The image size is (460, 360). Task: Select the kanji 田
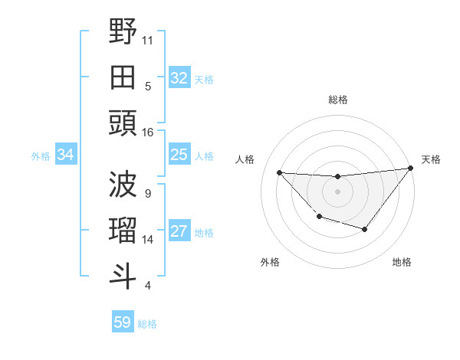pyautogui.click(x=123, y=77)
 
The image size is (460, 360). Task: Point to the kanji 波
pyautogui.click(x=123, y=185)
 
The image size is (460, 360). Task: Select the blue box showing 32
pyautogui.click(x=179, y=77)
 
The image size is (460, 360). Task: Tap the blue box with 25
pyautogui.click(x=179, y=155)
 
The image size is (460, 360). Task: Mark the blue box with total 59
pyautogui.click(x=123, y=322)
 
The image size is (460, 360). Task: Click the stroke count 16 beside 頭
pyautogui.click(x=148, y=133)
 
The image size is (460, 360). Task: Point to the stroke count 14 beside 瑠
pyautogui.click(x=148, y=240)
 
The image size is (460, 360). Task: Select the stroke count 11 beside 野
pyautogui.click(x=148, y=38)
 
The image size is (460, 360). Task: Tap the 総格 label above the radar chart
pyautogui.click(x=338, y=100)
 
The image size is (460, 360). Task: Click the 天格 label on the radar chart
pyautogui.click(x=431, y=159)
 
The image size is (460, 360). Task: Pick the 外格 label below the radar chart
pyautogui.click(x=270, y=262)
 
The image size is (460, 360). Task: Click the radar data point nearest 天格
pyautogui.click(x=409, y=169)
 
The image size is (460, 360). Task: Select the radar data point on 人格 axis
pyautogui.click(x=280, y=172)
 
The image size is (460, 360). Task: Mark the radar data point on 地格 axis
pyautogui.click(x=365, y=229)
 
